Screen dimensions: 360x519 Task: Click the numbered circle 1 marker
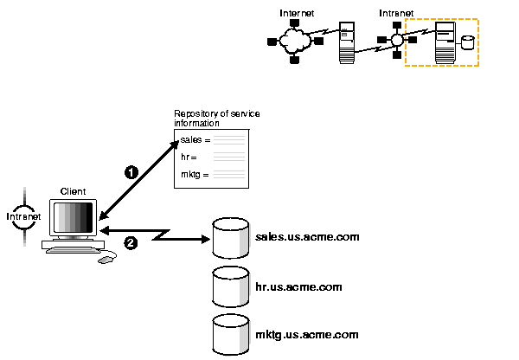pos(131,172)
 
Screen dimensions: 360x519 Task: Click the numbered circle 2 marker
pos(131,242)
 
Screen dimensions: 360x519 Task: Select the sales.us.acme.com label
pos(307,236)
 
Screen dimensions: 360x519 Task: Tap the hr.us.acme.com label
pos(299,286)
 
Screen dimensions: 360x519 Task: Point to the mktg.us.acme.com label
pos(307,334)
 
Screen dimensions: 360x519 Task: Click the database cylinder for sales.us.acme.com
pos(231,238)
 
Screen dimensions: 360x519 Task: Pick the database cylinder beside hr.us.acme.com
pos(231,286)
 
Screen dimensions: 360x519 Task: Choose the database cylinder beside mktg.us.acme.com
pos(231,333)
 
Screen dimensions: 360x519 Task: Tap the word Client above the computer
pos(73,190)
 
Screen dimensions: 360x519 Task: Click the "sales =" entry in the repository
pos(195,138)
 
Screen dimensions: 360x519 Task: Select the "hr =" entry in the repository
pos(189,157)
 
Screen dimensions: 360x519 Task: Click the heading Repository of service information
pos(217,119)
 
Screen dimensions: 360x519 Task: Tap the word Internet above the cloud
pos(296,13)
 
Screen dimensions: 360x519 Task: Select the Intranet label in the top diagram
pos(396,13)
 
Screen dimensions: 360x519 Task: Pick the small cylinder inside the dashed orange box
pos(468,42)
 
